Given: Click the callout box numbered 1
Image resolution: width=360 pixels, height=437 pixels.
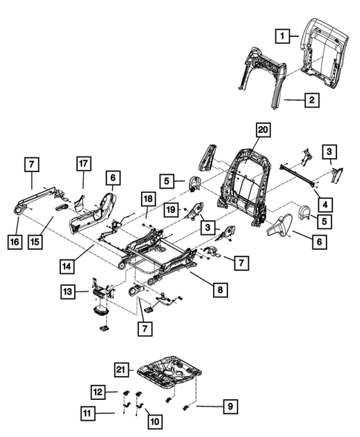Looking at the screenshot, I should coord(281,34).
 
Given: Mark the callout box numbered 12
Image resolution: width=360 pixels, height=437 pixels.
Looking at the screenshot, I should coord(99,391).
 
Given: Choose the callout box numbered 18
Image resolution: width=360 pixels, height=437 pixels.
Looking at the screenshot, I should coord(148,199).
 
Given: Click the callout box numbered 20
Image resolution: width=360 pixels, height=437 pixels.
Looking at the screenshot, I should coord(261,131).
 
